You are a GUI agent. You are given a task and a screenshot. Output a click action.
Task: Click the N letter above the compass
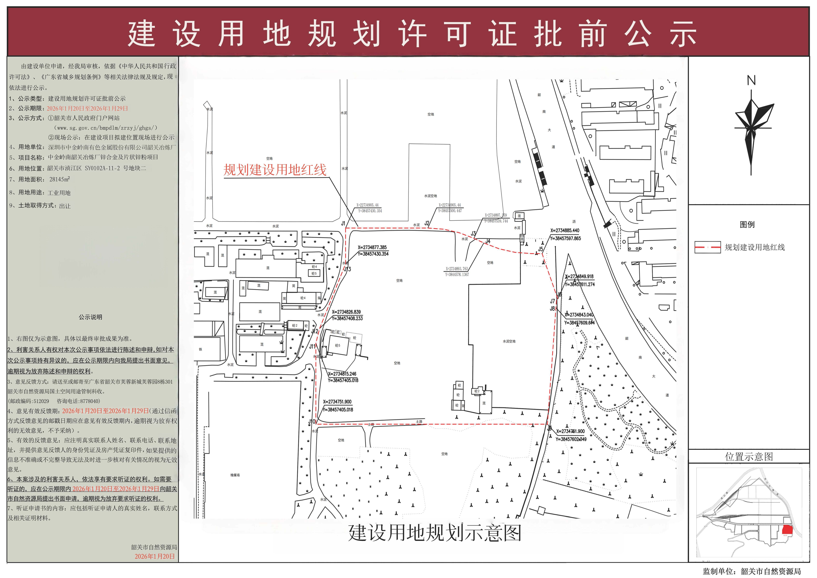751,81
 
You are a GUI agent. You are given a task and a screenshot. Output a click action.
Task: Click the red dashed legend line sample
708,247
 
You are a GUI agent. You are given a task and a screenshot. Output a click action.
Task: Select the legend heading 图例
747,225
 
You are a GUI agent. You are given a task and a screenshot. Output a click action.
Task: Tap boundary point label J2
427,223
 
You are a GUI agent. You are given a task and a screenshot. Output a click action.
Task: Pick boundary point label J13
347,269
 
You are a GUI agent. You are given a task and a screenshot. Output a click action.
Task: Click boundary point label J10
312,422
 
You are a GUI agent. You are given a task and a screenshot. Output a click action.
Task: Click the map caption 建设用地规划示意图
434,533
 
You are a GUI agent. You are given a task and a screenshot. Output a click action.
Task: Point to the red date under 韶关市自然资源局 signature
155,556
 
